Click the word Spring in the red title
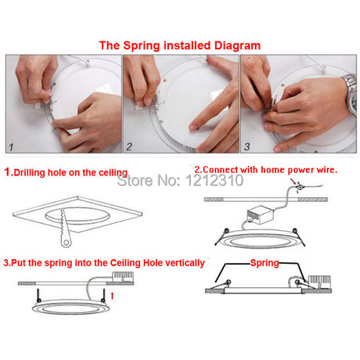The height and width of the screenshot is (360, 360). pyautogui.click(x=142, y=46)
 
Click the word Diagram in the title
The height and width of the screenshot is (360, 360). pyautogui.click(x=237, y=45)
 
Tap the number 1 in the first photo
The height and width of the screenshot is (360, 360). pyautogui.click(x=11, y=147)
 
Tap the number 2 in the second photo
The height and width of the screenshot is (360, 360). pyautogui.click(x=129, y=147)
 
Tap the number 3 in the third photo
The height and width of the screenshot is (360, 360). pyautogui.click(x=247, y=146)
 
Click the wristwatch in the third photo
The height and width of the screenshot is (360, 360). pyautogui.click(x=351, y=93)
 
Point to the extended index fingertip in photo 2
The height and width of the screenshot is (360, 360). pyautogui.click(x=193, y=128)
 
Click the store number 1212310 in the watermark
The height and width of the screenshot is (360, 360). pyautogui.click(x=214, y=180)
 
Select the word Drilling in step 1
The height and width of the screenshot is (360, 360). pyautogui.click(x=30, y=173)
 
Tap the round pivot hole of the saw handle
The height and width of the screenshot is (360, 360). pyautogui.click(x=67, y=243)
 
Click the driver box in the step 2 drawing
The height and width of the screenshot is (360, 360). pyautogui.click(x=260, y=215)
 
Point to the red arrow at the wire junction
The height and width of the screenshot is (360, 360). pyautogui.click(x=293, y=181)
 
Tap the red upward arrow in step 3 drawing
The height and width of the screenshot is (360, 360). pyautogui.click(x=113, y=296)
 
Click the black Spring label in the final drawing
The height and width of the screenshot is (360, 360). pyautogui.click(x=265, y=263)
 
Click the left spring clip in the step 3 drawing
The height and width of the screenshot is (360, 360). pyautogui.click(x=38, y=296)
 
